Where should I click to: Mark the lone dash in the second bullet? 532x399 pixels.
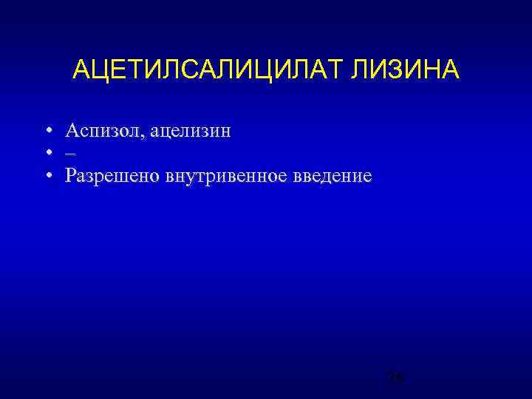(x=69, y=154)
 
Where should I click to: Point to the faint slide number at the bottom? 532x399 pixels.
(x=395, y=379)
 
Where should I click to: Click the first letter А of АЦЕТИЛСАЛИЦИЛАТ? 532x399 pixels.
(x=81, y=71)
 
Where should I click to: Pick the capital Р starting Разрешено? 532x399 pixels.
(x=70, y=176)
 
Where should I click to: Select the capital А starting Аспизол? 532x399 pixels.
(x=72, y=132)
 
